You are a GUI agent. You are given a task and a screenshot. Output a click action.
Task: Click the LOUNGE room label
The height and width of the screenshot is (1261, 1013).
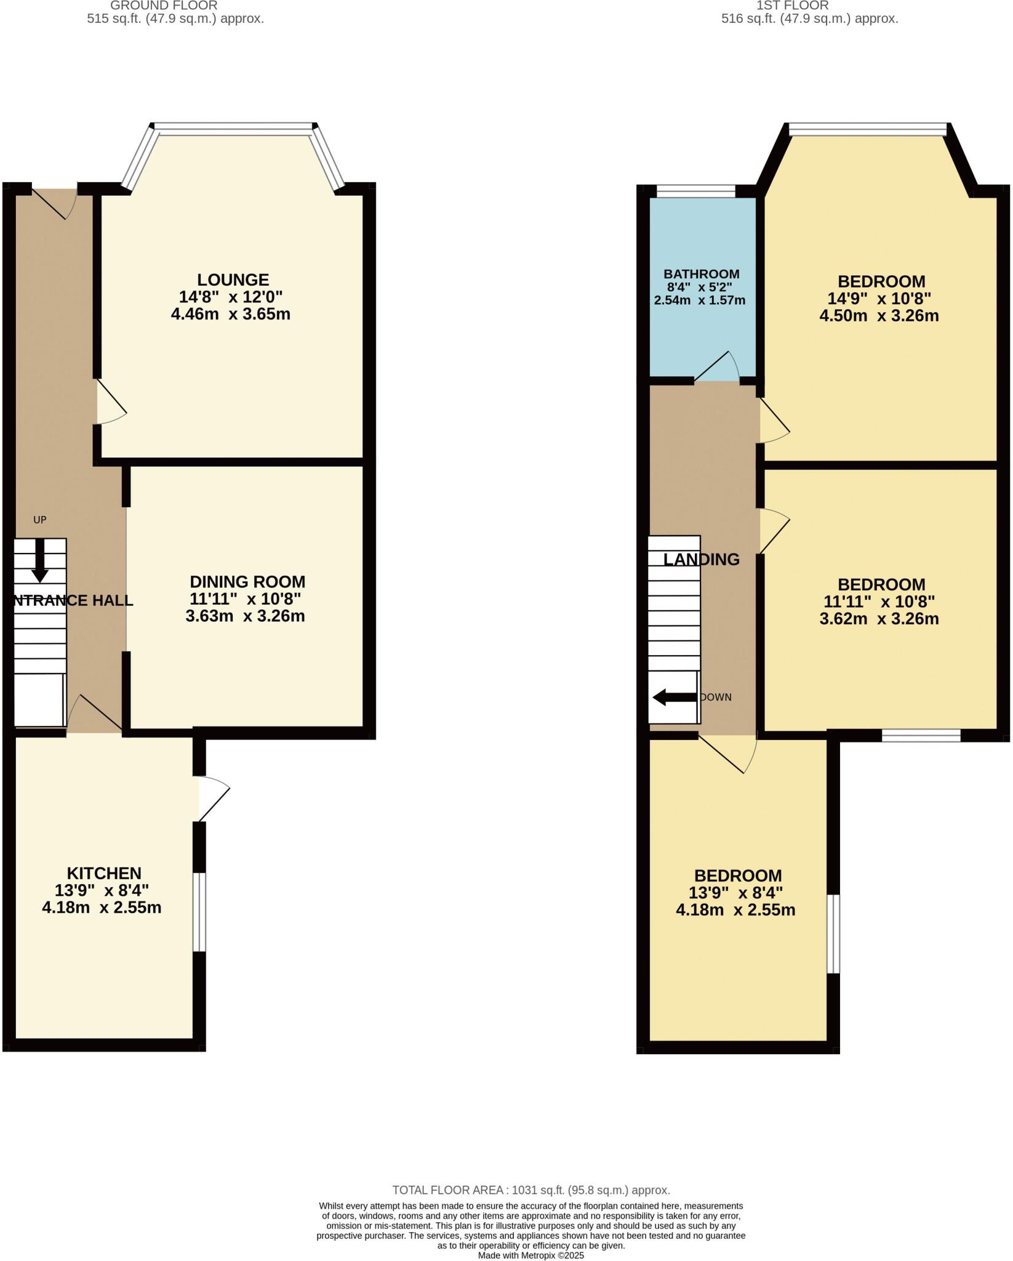click(x=233, y=280)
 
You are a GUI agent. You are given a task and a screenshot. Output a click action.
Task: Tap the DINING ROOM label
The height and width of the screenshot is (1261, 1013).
click(x=247, y=582)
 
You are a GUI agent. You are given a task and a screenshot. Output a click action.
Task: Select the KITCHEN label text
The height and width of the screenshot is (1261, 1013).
click(x=104, y=873)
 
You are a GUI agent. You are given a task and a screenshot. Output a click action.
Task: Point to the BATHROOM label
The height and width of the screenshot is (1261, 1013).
click(x=701, y=274)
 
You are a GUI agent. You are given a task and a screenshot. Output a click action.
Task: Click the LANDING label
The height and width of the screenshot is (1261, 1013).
click(x=701, y=559)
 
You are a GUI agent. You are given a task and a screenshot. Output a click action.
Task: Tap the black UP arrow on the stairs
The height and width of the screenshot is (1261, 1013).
click(x=40, y=560)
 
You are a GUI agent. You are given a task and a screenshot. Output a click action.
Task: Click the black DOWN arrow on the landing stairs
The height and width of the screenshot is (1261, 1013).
click(x=674, y=698)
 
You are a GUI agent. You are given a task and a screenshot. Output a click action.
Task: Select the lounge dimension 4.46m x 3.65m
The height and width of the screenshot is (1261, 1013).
click(x=231, y=315)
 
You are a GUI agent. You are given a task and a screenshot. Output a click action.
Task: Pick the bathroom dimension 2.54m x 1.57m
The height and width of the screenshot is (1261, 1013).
click(x=699, y=300)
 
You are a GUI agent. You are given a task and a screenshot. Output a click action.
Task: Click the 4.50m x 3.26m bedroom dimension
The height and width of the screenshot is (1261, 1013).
click(x=879, y=316)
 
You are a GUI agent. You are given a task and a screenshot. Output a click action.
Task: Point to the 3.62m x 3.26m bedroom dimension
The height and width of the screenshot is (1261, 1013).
click(x=879, y=619)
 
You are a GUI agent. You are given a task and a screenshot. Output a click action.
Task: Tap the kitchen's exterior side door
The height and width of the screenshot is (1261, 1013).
click(x=212, y=799)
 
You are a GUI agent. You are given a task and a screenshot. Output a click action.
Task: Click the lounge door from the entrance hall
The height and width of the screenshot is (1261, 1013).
click(x=111, y=403)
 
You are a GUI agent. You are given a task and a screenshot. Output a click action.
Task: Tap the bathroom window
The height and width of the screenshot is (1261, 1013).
click(x=695, y=191)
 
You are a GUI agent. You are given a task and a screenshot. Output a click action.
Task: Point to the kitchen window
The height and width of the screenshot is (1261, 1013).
click(x=199, y=912)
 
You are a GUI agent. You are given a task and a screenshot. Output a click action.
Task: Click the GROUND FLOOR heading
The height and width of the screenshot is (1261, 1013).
click(x=164, y=6)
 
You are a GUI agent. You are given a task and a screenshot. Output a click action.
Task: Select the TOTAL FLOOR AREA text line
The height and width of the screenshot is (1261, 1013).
click(x=531, y=1190)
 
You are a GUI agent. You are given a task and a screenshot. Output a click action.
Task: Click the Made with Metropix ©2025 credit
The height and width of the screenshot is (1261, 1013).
click(x=531, y=1255)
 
